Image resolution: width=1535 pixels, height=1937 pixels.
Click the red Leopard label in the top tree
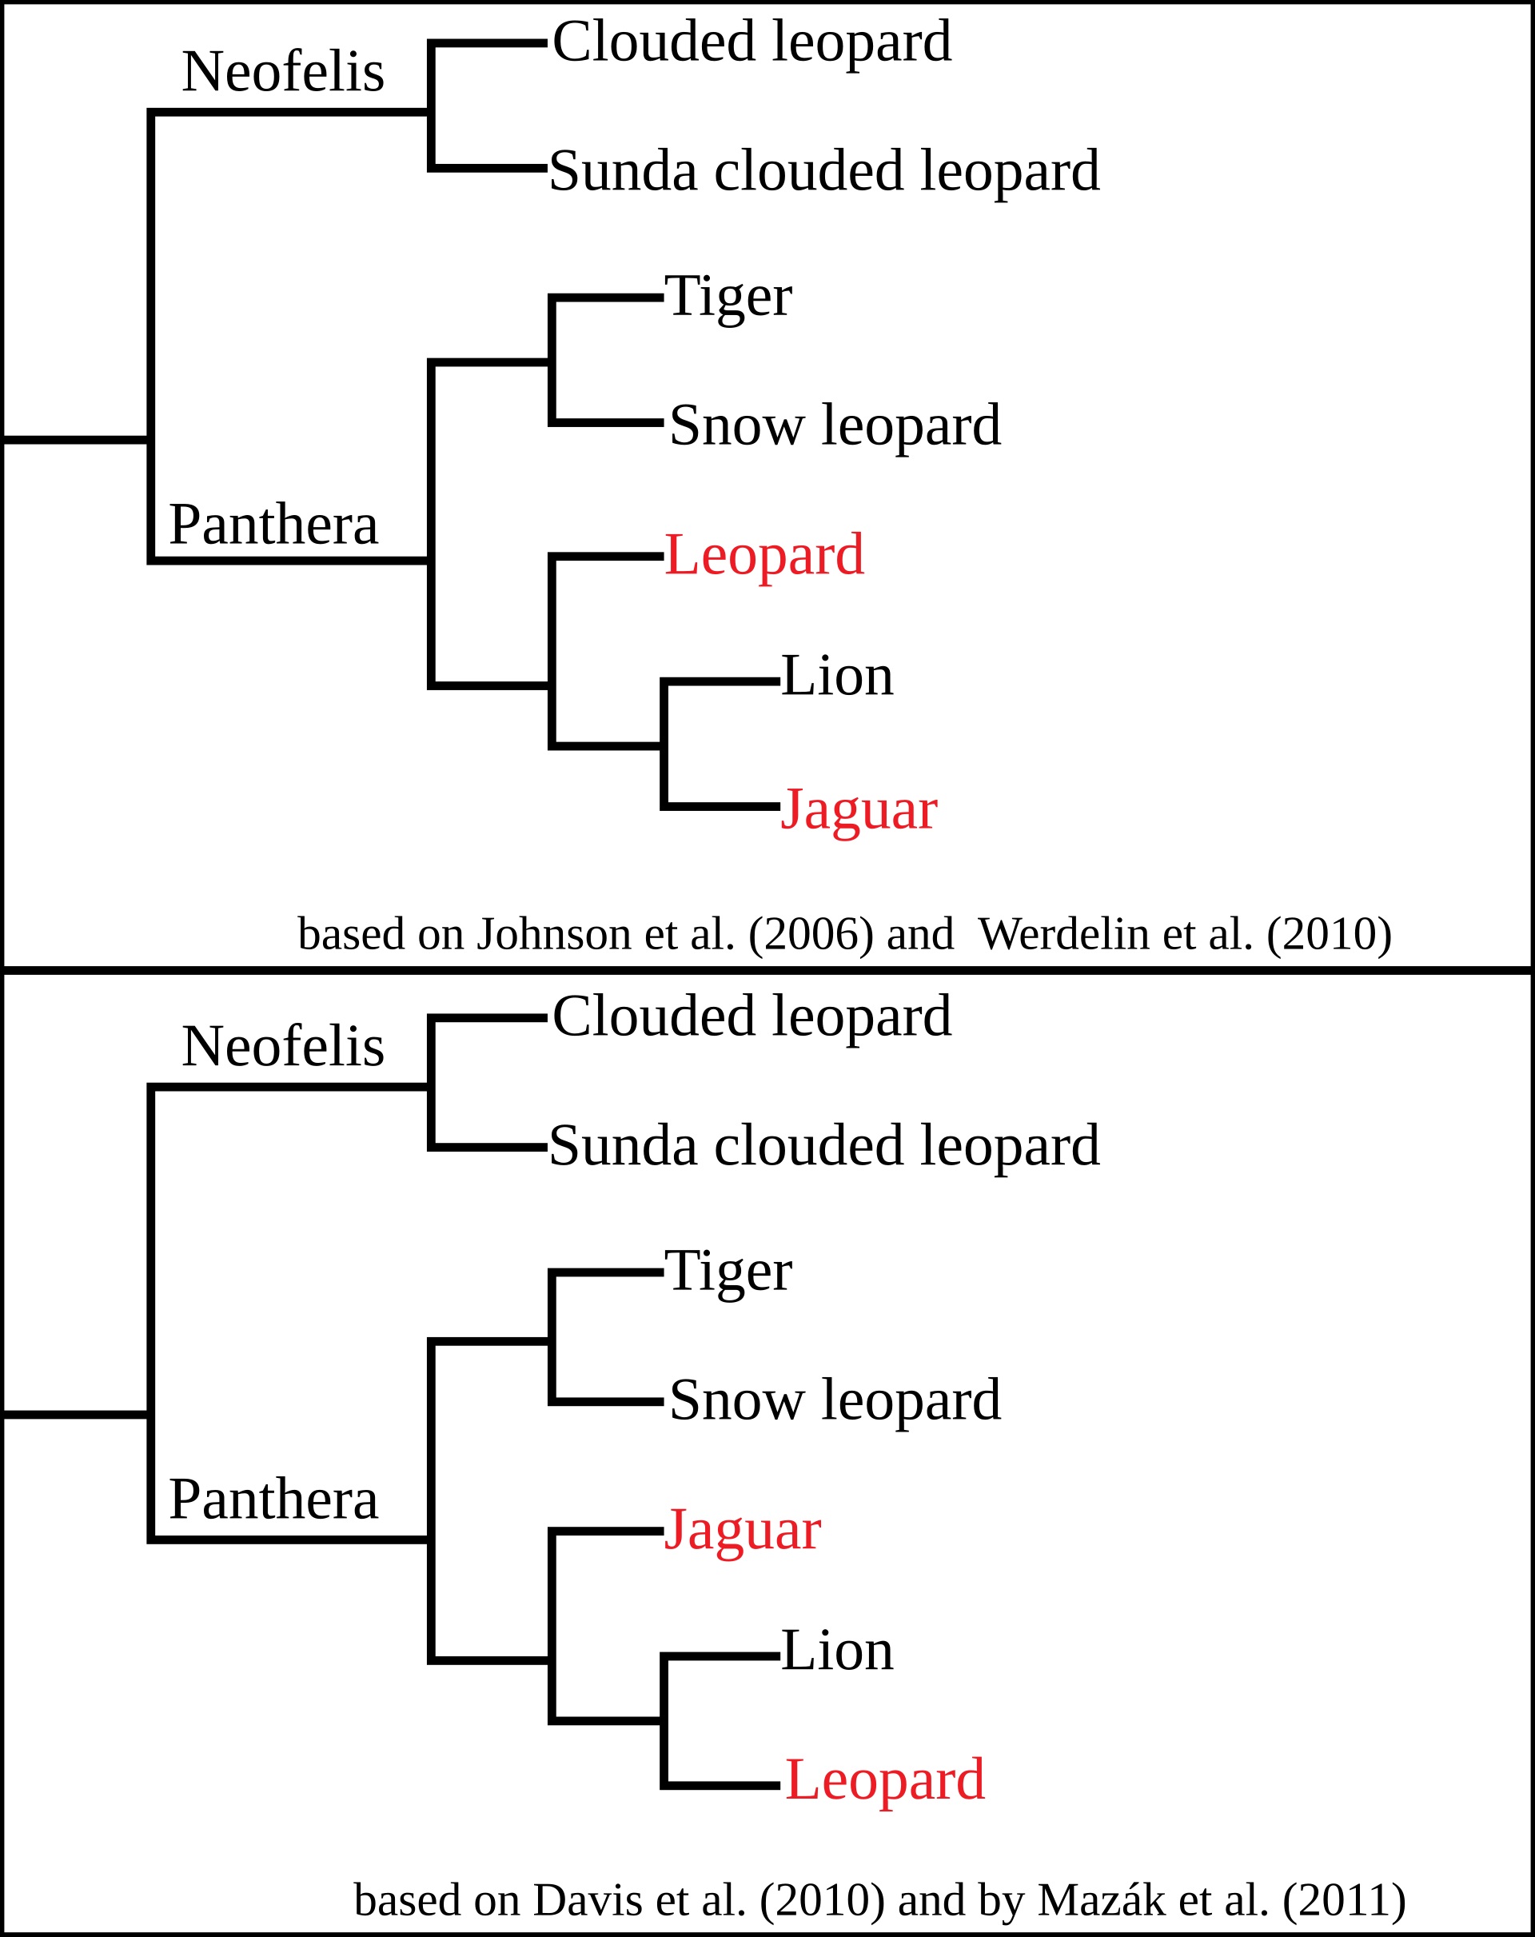click(764, 554)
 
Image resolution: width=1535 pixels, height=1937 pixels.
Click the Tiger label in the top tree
click(728, 297)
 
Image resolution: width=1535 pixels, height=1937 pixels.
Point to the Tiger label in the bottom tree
click(728, 1272)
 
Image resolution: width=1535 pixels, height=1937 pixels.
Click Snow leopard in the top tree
click(835, 425)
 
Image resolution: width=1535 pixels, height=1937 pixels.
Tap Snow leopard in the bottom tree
click(835, 1400)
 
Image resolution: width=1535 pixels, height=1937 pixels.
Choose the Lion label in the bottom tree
click(837, 1651)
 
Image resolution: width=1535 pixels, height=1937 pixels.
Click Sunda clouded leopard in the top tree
click(823, 170)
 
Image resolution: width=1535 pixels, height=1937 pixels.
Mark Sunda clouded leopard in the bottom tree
click(823, 1145)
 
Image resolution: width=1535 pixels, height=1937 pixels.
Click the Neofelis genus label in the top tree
click(283, 71)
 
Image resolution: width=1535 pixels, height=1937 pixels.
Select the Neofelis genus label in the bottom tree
click(283, 1046)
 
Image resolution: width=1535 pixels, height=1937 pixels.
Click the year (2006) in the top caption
click(811, 934)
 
